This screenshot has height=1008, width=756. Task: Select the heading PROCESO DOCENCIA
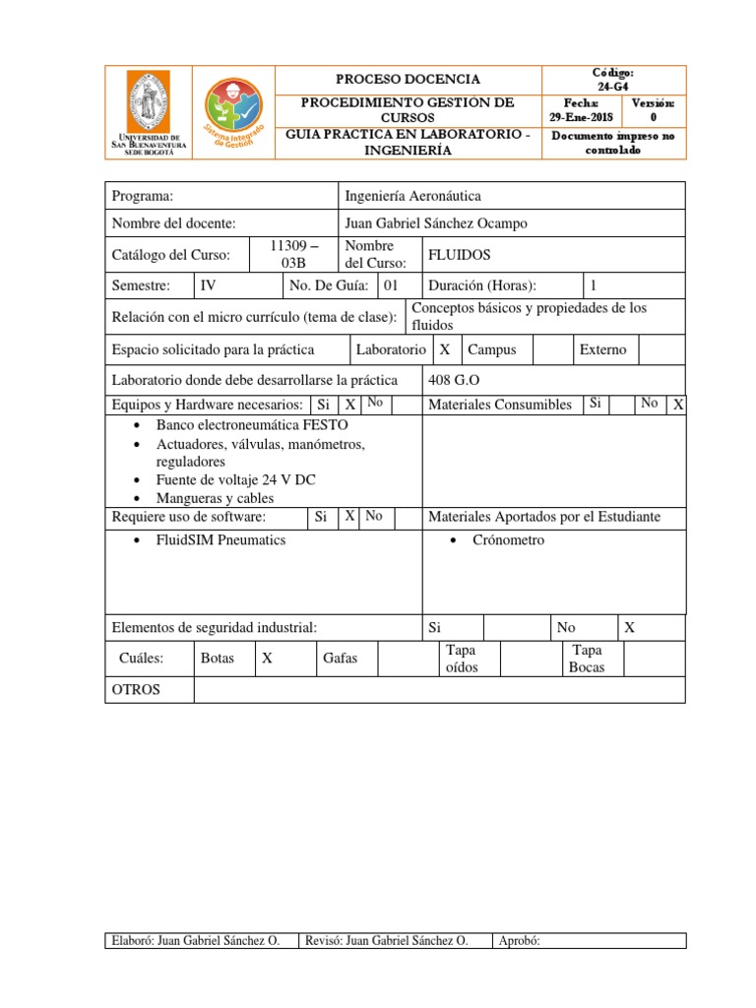pyautogui.click(x=408, y=80)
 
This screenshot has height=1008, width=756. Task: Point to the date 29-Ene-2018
pyautogui.click(x=581, y=117)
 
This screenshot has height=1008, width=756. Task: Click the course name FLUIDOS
pyautogui.click(x=458, y=255)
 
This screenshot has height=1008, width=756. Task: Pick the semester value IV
pyautogui.click(x=208, y=285)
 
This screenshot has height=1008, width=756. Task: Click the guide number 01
pyautogui.click(x=390, y=285)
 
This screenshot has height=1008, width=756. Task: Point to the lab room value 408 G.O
pyautogui.click(x=454, y=380)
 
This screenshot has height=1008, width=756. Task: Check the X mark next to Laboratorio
pyautogui.click(x=445, y=349)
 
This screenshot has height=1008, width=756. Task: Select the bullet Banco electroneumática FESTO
pyautogui.click(x=251, y=425)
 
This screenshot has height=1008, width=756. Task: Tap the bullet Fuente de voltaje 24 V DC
pyautogui.click(x=235, y=479)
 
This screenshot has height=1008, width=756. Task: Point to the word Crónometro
pyautogui.click(x=508, y=540)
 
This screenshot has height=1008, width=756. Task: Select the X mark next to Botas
pyautogui.click(x=267, y=659)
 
